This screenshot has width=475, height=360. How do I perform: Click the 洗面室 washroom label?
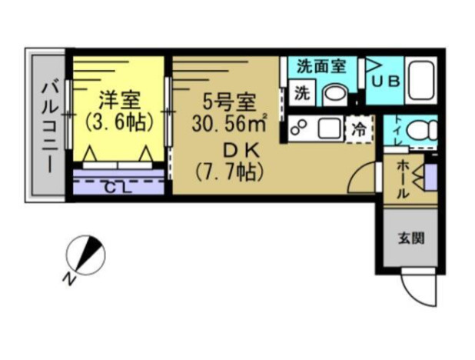[321, 67]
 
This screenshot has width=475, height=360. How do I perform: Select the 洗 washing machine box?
[302, 92]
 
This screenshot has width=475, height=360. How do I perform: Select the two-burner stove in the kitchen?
[299, 128]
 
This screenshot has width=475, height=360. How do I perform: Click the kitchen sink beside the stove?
[328, 128]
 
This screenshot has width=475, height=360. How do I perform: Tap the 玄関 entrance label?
[408, 238]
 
